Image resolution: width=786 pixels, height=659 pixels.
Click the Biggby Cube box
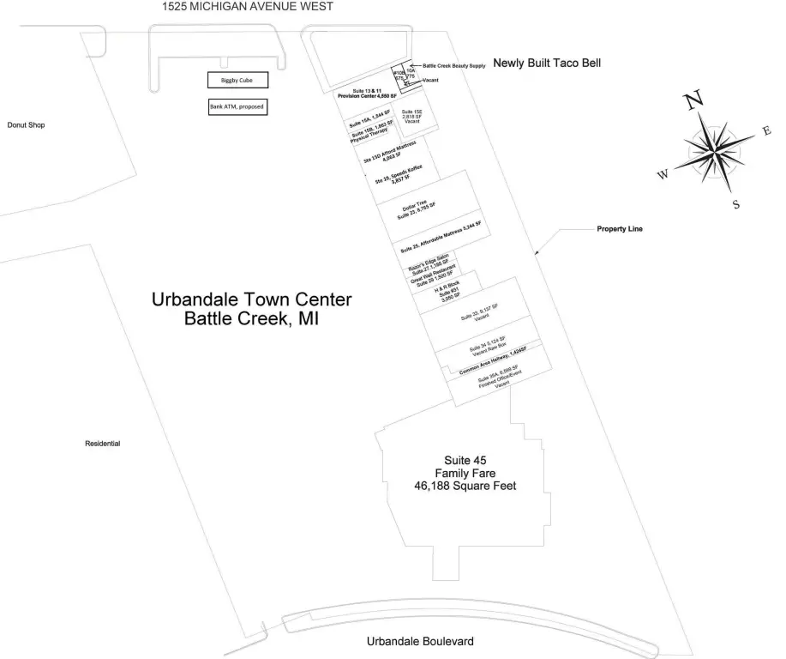[x=237, y=81]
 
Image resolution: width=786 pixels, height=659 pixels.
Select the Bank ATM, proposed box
[x=237, y=107]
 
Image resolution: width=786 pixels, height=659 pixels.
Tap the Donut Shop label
[x=26, y=125]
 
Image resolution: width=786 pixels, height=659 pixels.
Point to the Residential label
[x=102, y=444]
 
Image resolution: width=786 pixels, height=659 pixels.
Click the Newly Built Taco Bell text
[x=547, y=63]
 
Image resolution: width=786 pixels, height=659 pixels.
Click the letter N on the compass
[x=693, y=103]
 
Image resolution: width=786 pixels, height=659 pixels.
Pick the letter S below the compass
[x=735, y=204]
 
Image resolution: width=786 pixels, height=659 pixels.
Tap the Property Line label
[x=620, y=230]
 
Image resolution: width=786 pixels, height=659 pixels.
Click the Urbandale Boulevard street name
[x=420, y=642]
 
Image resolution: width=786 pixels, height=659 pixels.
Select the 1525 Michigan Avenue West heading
[x=248, y=7]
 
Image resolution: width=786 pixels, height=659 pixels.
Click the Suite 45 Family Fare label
[x=465, y=473]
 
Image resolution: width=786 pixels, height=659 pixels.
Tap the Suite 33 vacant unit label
[x=480, y=314]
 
